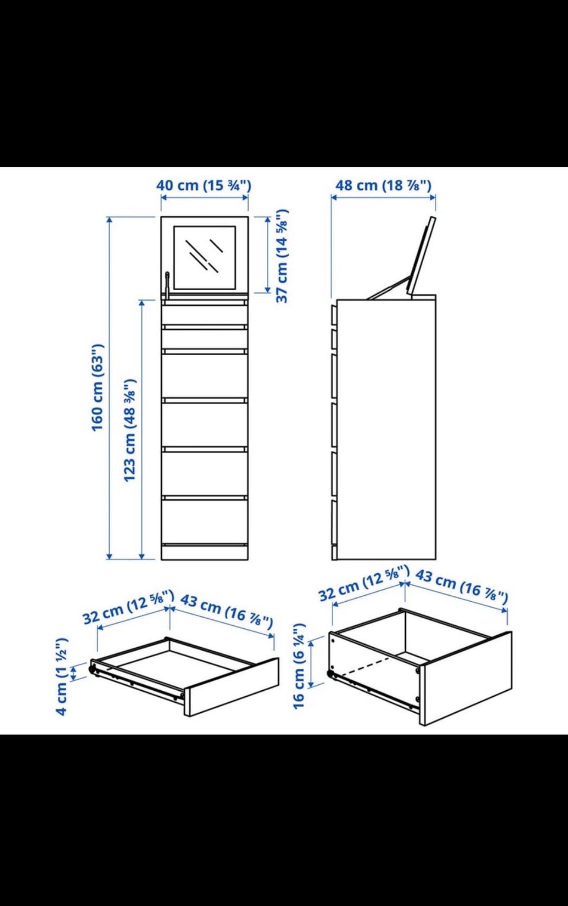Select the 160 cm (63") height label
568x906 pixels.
tap(98, 388)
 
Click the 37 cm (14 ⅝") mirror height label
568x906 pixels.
tap(282, 256)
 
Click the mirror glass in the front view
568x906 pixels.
tap(205, 258)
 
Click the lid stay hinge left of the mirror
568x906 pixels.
tap(167, 285)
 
